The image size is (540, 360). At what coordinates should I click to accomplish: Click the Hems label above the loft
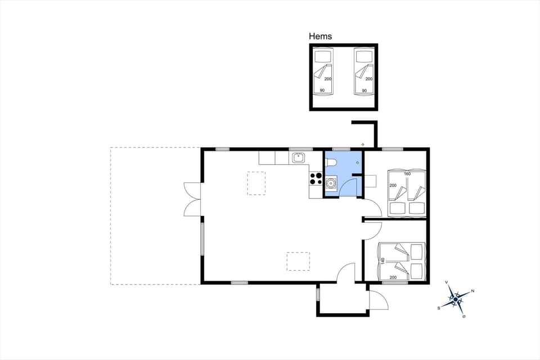[x=321, y=36]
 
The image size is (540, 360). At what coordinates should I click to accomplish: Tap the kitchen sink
[x=298, y=158]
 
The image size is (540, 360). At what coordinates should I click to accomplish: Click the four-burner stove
[x=315, y=179]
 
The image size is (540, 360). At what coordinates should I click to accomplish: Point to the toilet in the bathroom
[x=331, y=163]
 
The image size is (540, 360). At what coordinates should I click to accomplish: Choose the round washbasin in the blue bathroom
[x=331, y=182]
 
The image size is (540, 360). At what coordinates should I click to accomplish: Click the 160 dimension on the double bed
[x=407, y=174]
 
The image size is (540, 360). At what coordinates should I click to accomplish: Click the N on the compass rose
[x=472, y=291]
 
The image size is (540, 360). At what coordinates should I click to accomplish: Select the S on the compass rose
[x=439, y=308]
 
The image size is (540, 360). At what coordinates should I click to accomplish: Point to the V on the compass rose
[x=446, y=282]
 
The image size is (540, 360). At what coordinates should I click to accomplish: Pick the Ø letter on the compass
[x=464, y=316]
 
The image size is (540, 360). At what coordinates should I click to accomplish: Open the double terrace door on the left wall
[x=191, y=199]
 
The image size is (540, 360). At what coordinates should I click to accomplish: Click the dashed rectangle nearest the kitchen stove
[x=256, y=183]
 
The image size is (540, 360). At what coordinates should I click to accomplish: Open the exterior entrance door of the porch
[x=378, y=301]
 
